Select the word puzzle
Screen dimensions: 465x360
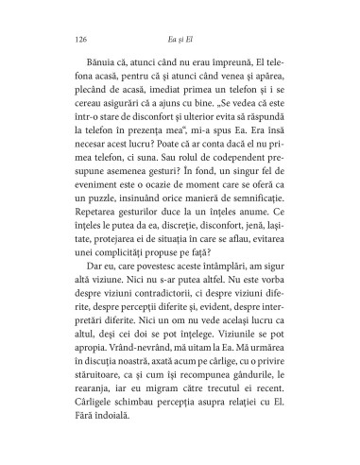pyautogui.click(x=104, y=196)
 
